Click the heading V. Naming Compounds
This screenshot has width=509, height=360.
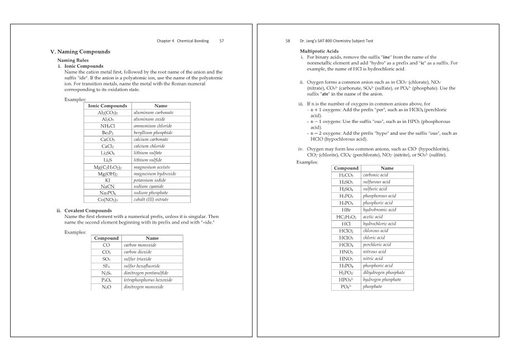(x=80, y=51)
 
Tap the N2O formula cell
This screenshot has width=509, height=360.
(x=106, y=287)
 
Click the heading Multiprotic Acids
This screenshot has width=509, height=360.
(x=320, y=51)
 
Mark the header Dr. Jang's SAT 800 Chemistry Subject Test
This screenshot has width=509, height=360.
(x=342, y=41)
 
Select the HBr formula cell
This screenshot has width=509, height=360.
(x=345, y=210)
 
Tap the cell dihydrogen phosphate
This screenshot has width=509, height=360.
(x=384, y=272)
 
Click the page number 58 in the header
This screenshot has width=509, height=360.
(x=288, y=41)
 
